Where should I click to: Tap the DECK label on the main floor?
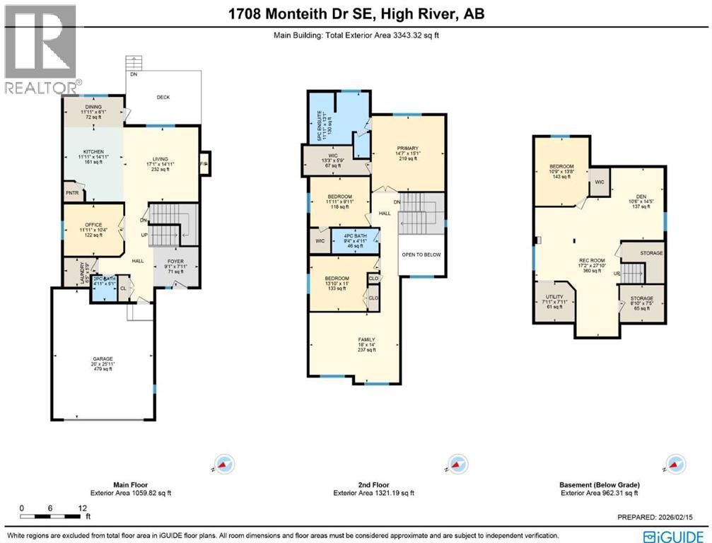163,98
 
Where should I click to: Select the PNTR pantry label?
71,192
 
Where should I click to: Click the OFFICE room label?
94,226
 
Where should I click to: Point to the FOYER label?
175,261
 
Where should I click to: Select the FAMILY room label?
366,339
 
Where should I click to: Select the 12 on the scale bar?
83,508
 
